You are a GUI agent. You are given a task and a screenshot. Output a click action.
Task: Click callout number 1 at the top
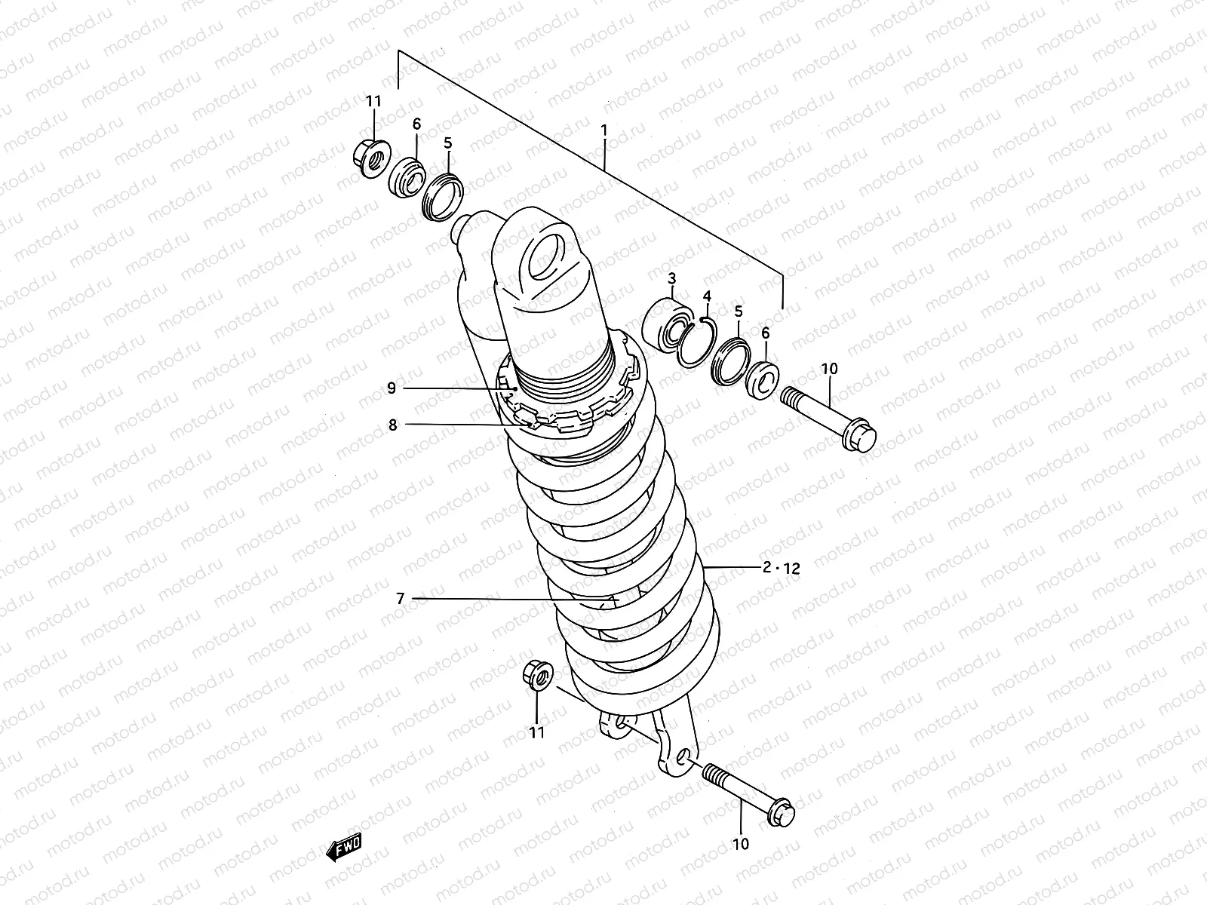coord(603,130)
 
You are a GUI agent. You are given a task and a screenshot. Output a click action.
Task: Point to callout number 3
coord(672,279)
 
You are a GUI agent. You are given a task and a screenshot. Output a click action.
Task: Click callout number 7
coord(400,599)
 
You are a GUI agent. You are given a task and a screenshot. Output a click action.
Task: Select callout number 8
coord(392,425)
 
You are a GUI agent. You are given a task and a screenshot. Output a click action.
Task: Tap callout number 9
coord(392,388)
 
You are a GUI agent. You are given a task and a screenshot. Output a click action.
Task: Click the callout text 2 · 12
coord(781,569)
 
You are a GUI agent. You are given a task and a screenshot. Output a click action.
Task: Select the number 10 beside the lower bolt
coord(741,844)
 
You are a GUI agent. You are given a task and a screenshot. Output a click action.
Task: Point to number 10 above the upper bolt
coord(829,369)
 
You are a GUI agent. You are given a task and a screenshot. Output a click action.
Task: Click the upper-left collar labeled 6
coord(407,178)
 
